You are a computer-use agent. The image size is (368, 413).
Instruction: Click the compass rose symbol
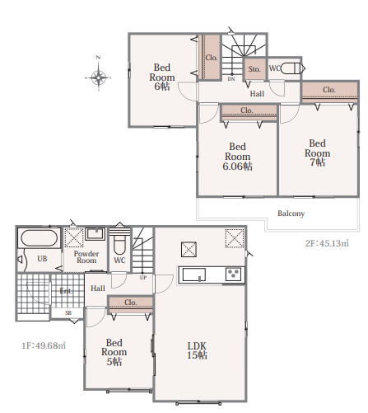point(98,77)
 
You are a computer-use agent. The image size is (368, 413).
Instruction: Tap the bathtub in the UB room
point(40,238)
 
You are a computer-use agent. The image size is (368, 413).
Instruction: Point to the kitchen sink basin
point(194,275)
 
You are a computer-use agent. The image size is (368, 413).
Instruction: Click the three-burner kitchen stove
point(233,275)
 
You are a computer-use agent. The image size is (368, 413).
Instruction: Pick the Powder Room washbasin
point(95,234)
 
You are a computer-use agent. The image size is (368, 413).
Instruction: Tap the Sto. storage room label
point(254,69)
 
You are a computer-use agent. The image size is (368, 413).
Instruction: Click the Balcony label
point(291,214)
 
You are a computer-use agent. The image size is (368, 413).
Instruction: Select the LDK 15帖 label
point(197,350)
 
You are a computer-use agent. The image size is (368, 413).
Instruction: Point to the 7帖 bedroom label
point(318,153)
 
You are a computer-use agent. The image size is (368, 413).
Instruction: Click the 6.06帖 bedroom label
point(238,157)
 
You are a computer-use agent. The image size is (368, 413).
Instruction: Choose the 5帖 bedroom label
point(114,352)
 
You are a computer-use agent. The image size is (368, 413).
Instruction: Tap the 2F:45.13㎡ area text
point(327,243)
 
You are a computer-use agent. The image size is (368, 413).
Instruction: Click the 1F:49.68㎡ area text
point(44,345)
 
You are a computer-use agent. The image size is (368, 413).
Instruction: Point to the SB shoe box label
point(68,312)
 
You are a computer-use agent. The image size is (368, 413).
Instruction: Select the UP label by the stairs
point(143,278)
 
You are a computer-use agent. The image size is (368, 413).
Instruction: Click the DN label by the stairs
point(231,79)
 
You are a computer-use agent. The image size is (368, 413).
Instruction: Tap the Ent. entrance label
point(66,291)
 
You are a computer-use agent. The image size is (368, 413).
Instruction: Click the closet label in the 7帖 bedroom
point(329,90)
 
